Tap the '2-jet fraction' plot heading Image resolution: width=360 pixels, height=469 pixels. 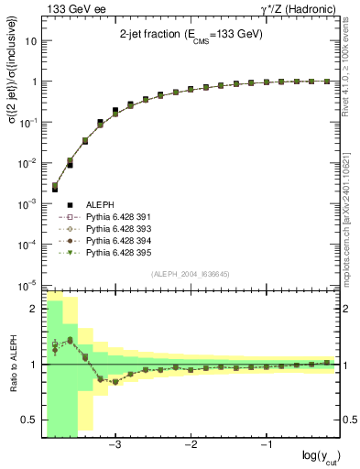pyautogui.click(x=191, y=37)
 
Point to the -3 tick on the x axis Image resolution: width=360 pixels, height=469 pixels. pyautogui.click(x=115, y=444)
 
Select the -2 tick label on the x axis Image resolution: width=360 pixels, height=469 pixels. pyautogui.click(x=191, y=444)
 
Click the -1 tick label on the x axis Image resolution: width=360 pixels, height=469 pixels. pyautogui.click(x=266, y=444)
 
